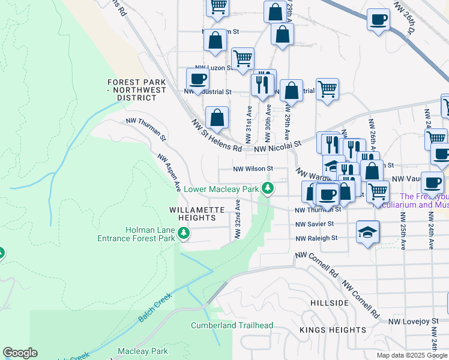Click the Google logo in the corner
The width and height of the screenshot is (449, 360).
click(20, 353)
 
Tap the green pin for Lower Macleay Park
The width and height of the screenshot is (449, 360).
click(268, 188)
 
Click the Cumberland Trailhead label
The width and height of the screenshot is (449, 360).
click(232, 326)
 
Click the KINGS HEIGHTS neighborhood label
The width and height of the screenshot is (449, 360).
click(333, 330)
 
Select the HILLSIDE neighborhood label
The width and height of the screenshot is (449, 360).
click(330, 303)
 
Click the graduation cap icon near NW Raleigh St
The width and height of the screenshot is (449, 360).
click(368, 232)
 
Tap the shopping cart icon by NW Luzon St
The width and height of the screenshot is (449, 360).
click(243, 59)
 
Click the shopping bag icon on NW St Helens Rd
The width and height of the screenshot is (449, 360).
click(217, 118)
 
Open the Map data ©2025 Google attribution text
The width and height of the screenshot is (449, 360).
click(412, 355)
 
